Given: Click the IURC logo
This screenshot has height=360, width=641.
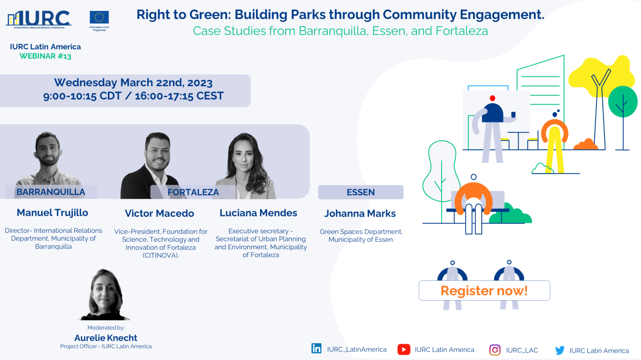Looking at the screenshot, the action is click(38, 19).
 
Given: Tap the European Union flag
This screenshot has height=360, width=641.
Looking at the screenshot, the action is click(99, 17).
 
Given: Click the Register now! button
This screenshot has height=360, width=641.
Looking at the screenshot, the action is click(484, 290).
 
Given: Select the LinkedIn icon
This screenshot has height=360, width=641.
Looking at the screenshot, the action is click(316, 349).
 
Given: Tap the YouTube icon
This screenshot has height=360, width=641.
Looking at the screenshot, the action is click(404, 349).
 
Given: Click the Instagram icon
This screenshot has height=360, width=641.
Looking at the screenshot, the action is click(495, 350).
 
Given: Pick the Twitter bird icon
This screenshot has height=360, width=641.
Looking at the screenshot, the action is click(560, 350).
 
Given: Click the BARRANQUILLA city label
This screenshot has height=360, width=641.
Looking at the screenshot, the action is click(51, 192).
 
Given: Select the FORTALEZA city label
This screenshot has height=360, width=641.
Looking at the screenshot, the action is click(193, 192).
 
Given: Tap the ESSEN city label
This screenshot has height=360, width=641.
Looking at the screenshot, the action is click(361, 192).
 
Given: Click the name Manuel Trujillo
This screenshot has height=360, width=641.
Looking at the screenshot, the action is click(52, 212).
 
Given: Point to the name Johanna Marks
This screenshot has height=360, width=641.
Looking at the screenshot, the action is click(360, 214).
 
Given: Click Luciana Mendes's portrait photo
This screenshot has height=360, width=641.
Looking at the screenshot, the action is click(246, 166).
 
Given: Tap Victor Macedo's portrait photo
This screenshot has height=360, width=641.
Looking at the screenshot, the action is click(152, 166).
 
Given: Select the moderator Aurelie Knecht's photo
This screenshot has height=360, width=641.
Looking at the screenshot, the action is click(105, 295).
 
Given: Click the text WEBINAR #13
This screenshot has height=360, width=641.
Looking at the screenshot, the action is click(45, 56).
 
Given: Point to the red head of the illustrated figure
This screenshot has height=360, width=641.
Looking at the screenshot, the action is click(492, 98).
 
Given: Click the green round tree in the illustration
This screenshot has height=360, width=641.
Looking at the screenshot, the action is click(623, 102).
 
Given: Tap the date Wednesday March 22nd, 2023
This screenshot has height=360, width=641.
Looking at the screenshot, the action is click(133, 83).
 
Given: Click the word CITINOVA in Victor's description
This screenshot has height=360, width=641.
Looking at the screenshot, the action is click(160, 255).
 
